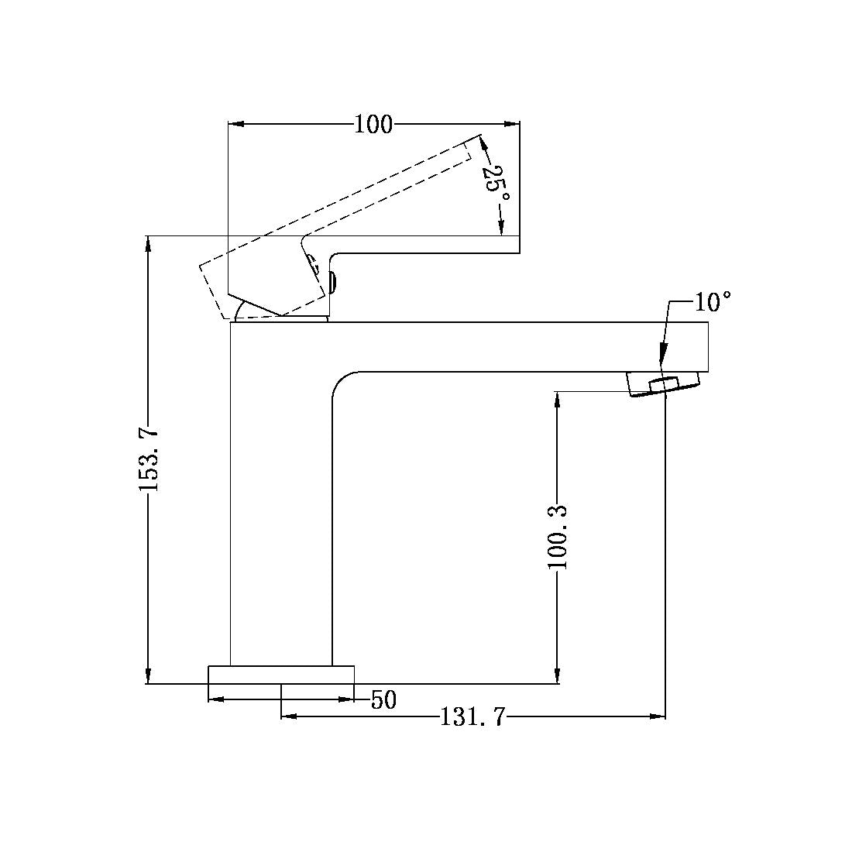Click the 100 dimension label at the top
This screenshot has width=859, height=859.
click(x=373, y=125)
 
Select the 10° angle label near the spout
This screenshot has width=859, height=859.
click(x=713, y=301)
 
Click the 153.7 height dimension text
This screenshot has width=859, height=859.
click(x=149, y=459)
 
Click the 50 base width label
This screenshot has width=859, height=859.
click(x=383, y=700)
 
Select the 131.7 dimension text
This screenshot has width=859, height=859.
click(x=472, y=718)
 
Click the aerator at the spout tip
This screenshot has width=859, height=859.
click(x=664, y=384)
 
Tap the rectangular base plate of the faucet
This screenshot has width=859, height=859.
click(x=281, y=674)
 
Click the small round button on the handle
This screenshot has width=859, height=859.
click(x=333, y=283)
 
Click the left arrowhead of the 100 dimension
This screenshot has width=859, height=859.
click(x=236, y=124)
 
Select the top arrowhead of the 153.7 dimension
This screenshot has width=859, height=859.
click(x=147, y=242)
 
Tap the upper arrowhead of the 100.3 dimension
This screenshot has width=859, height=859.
click(x=558, y=398)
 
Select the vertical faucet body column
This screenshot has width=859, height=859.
click(x=281, y=503)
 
